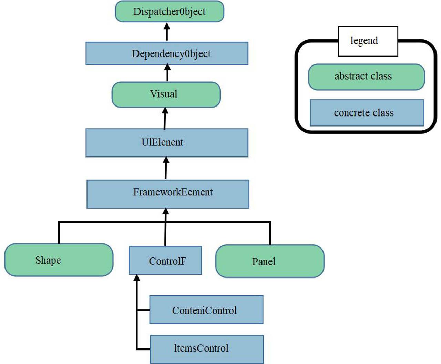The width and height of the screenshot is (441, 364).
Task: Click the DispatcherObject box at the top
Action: coord(170,11)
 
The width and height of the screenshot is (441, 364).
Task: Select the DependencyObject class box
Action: coord(167,53)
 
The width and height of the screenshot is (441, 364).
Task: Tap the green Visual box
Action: coord(166,94)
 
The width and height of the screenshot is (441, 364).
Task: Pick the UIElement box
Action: coord(167,143)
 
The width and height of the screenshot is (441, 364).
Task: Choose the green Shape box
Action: coord(59,260)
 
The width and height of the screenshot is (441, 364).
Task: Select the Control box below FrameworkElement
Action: coord(165,260)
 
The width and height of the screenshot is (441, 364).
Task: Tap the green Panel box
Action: coord(270,261)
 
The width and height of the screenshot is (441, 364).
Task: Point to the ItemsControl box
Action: coord(207,349)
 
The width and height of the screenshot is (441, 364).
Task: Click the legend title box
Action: coord(368,41)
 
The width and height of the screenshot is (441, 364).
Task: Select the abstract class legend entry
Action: coord(366,77)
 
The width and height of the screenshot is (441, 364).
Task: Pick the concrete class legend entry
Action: coord(367,113)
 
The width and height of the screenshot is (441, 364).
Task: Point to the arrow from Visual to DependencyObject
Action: coord(167,73)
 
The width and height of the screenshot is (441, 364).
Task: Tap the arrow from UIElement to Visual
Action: coord(165,118)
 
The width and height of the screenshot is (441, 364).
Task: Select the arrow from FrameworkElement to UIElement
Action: coord(166,168)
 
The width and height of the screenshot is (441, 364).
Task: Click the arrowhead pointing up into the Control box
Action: coord(137,278)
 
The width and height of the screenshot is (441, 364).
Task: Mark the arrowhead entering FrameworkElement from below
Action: coord(166,211)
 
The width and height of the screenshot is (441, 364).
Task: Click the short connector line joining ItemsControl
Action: coord(143,349)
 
